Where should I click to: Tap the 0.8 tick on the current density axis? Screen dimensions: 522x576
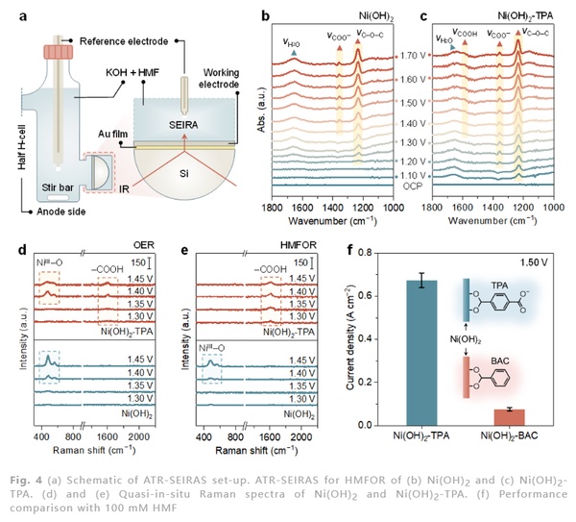387,251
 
